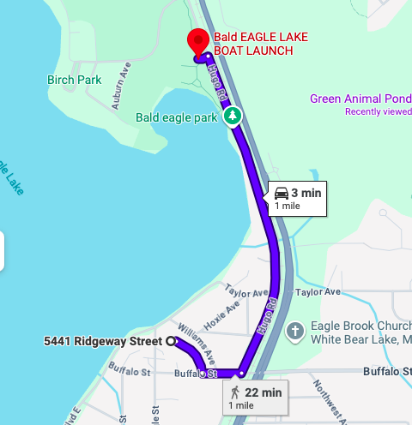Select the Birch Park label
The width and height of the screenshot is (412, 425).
click(75, 80)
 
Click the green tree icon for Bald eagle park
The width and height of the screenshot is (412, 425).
click(232, 116)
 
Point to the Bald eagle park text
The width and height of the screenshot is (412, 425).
click(178, 117)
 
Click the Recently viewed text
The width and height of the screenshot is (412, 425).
click(379, 111)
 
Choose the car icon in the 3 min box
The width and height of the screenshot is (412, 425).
click(282, 193)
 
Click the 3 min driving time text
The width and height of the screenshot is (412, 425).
click(306, 193)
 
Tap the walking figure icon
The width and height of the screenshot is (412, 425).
click(235, 392)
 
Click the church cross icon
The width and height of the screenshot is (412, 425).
click(295, 330)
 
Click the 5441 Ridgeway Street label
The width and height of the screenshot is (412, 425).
click(103, 341)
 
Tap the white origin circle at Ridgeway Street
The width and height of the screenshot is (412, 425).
click(170, 341)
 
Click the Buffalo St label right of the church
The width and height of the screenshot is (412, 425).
click(387, 371)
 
